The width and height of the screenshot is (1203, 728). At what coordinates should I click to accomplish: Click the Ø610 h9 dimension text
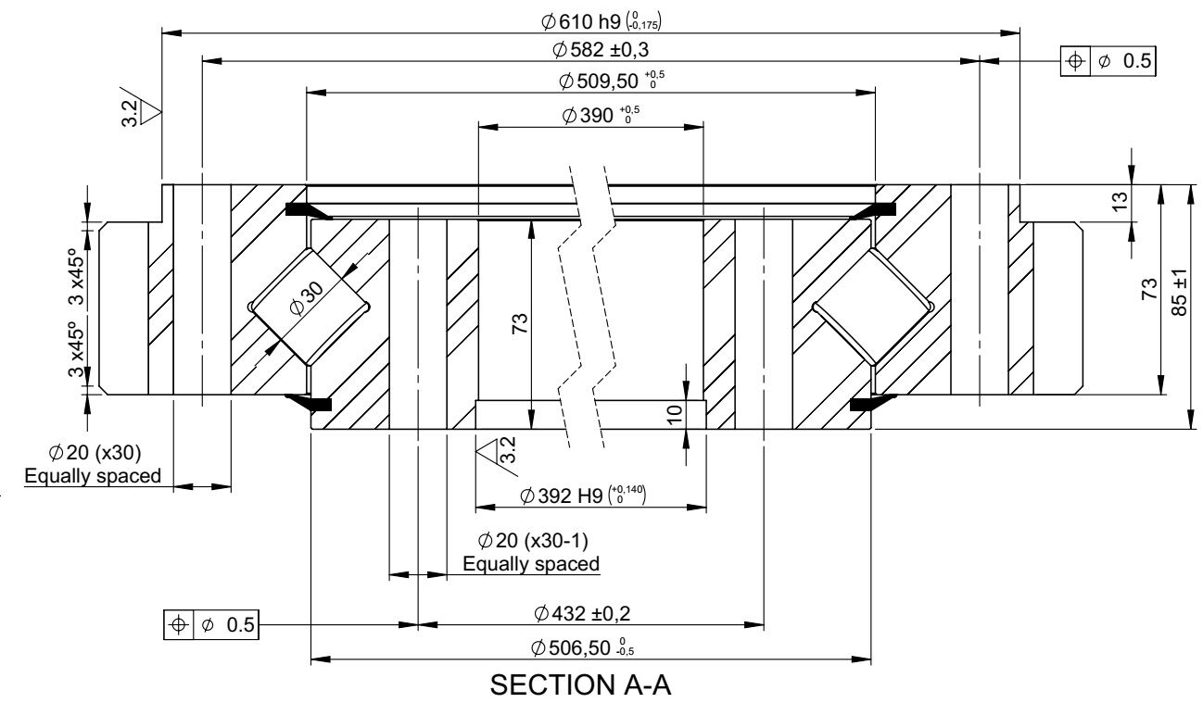click(x=601, y=21)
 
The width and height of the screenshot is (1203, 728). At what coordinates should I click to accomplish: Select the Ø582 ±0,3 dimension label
click(x=601, y=50)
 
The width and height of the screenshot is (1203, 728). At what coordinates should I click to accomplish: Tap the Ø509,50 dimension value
click(x=612, y=81)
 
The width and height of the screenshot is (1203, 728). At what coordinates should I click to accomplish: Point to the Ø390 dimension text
click(x=601, y=115)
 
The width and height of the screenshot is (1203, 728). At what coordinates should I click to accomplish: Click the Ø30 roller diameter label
click(x=306, y=298)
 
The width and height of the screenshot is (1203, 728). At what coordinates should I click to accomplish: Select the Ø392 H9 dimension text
click(x=583, y=495)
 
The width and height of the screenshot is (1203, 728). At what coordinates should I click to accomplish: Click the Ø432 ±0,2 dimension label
click(x=582, y=613)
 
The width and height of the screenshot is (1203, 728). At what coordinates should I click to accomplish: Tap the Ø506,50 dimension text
click(x=583, y=647)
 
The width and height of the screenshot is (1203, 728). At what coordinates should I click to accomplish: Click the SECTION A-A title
click(x=580, y=685)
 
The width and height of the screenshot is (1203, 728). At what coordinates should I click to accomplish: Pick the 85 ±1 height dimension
click(x=1180, y=292)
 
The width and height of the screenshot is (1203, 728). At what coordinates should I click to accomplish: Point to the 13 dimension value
click(x=1120, y=201)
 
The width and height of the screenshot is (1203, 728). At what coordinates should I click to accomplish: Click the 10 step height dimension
click(x=674, y=414)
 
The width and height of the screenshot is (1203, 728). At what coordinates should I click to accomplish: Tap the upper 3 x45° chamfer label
click(x=77, y=277)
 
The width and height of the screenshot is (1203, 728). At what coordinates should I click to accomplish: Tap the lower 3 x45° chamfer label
click(x=77, y=349)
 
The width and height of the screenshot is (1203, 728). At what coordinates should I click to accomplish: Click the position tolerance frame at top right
click(x=1108, y=61)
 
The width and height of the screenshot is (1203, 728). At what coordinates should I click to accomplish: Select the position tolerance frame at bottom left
click(x=211, y=624)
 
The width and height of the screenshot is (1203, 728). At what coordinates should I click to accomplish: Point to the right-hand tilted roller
click(x=873, y=307)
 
